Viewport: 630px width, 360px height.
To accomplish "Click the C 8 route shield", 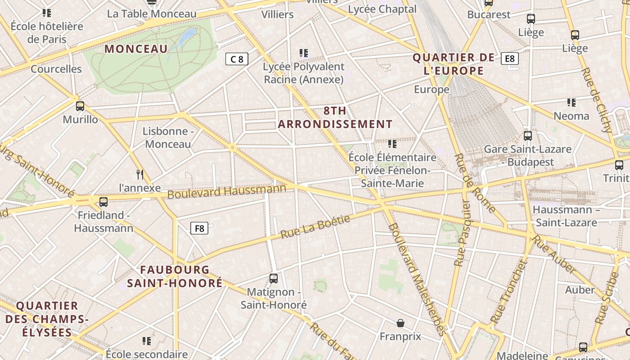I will coord(237,59).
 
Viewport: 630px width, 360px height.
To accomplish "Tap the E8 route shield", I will coord(510,58).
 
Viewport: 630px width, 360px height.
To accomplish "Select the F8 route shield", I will coord(199,228).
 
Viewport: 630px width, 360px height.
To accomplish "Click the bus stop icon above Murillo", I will coord(80,106).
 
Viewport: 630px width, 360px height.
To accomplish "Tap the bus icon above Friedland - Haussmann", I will coord(103,202).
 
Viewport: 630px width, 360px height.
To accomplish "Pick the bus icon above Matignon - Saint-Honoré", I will coord(273,279).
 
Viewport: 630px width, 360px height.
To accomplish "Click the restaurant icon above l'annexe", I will coord(140,174).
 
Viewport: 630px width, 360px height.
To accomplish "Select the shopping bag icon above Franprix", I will coord(400,323).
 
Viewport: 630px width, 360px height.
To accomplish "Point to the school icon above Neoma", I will coord(571,103).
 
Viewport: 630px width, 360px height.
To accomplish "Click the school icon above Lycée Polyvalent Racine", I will coord(304,53).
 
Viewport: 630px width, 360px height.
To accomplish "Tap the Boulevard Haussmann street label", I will coord(227,191).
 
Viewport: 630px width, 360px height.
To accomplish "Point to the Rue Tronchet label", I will coord(508,292).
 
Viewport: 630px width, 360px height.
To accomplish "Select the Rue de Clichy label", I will coord(597,99).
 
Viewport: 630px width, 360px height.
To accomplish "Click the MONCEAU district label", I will coord(136,49).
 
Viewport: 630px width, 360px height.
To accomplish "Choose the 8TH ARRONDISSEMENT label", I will coord(335,117).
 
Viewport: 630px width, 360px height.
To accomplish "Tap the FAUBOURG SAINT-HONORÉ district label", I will coord(175,276).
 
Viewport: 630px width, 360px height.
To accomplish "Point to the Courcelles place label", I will coord(56,69).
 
